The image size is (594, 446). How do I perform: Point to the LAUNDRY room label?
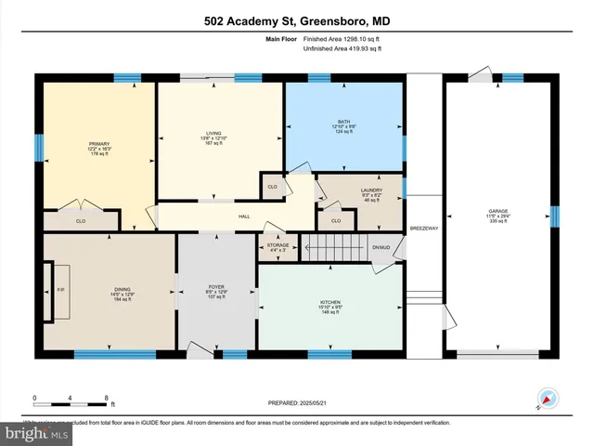(370, 190)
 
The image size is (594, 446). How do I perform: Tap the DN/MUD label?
(381, 247)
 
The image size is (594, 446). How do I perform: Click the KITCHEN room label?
(331, 303)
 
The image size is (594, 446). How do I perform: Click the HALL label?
(245, 216)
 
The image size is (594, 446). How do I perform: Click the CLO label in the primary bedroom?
(81, 222)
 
